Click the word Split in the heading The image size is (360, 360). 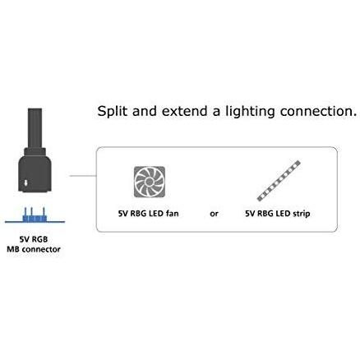tap(113, 112)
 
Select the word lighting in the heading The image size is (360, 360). tap(250, 112)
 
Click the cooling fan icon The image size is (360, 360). tap(150, 182)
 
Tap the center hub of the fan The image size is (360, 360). tap(150, 182)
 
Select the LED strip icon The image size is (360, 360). tap(279, 181)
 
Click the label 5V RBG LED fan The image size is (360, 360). tap(148, 214)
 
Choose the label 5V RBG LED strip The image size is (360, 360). tap(278, 214)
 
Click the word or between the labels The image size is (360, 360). tap(214, 214)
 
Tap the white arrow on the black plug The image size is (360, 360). tap(25, 182)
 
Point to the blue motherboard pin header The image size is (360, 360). tap(35, 215)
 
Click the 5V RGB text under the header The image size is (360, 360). tap(34, 239)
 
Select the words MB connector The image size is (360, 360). tap(34, 249)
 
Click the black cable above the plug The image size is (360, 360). tap(35, 128)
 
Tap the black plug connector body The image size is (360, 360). tap(35, 170)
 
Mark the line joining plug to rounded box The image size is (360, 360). tap(83, 176)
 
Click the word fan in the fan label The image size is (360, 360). tap(173, 214)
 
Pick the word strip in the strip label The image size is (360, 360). tap(302, 214)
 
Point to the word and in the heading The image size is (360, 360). tap(145, 111)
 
